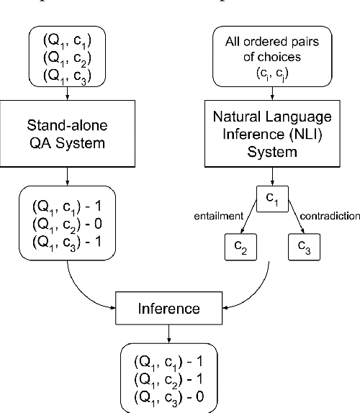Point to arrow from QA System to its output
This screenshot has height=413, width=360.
point(66,177)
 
